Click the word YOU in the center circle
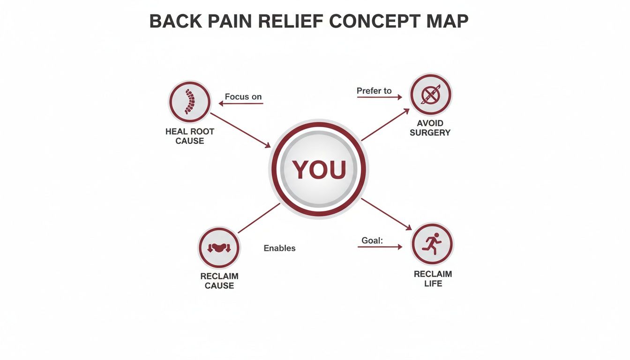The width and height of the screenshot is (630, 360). click(x=319, y=170)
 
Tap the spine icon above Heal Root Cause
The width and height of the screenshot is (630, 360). click(x=189, y=101)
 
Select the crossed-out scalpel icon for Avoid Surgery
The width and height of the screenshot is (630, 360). click(x=430, y=95)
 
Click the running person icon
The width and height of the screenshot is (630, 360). click(x=432, y=244)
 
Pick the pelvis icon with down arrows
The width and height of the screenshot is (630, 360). click(x=219, y=247)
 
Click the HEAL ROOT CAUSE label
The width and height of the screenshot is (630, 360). click(x=190, y=136)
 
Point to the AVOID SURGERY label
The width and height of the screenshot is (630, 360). click(x=430, y=128)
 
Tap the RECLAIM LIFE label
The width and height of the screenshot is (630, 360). click(x=433, y=279)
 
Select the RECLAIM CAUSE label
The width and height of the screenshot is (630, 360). click(x=219, y=281)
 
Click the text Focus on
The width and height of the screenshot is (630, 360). click(x=243, y=97)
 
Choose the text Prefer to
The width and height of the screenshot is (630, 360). click(x=374, y=91)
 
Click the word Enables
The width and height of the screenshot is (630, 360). click(x=279, y=248)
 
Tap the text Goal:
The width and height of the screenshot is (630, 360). click(x=372, y=240)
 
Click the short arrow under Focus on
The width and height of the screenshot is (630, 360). click(x=241, y=104)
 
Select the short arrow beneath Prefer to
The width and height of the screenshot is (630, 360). click(x=379, y=97)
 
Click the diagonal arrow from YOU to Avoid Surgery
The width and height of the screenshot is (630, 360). click(x=386, y=125)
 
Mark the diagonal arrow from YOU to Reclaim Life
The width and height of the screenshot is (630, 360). click(x=386, y=214)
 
